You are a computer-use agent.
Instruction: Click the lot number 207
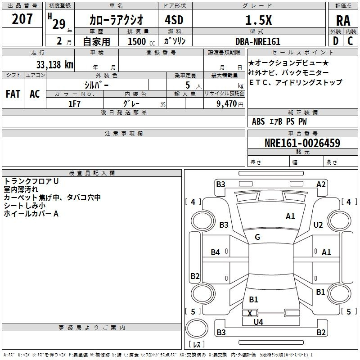coord(22,19)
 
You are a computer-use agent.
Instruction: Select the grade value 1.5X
coord(258,20)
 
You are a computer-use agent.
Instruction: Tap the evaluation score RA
coord(343,21)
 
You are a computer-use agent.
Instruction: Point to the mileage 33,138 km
coord(54,65)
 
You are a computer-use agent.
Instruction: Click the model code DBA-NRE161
coord(258,41)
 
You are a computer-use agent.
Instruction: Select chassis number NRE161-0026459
coord(302,143)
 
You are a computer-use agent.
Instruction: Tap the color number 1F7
coord(74,104)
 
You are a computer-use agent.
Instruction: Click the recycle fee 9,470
coord(227,104)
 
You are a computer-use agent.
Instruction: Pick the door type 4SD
coord(174,20)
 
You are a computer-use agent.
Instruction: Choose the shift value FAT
coord(13,94)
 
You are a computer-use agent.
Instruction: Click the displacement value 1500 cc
coord(141,41)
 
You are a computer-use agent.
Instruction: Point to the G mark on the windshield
coord(257,237)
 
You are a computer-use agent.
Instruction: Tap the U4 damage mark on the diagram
coord(258,322)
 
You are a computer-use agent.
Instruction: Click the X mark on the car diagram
coord(250,313)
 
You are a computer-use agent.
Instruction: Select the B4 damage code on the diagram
coord(216,252)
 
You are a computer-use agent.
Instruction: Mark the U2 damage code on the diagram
coord(318,225)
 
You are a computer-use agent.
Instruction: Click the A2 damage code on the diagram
coord(321,184)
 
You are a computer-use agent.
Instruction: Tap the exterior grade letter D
coord(336,41)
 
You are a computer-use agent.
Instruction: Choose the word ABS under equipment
coord(258,121)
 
